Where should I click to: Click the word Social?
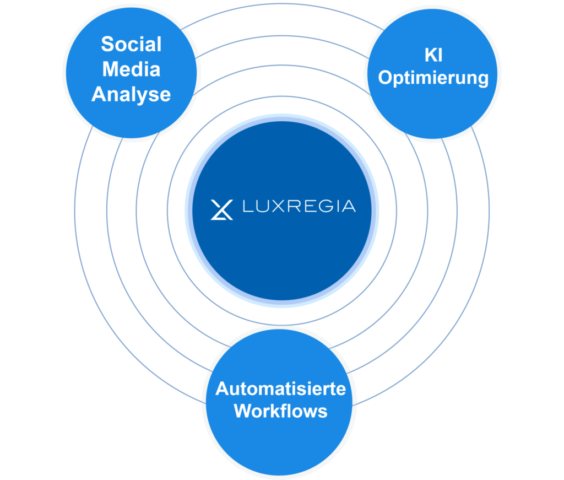click(x=131, y=44)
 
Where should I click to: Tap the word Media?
click(x=131, y=69)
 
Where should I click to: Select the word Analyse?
click(x=131, y=94)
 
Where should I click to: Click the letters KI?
click(x=433, y=55)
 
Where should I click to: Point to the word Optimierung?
click(x=433, y=78)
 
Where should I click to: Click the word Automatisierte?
click(x=280, y=389)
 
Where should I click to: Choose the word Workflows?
click(x=280, y=411)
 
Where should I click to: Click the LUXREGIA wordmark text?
click(x=299, y=207)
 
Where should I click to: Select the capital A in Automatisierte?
click(x=222, y=389)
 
